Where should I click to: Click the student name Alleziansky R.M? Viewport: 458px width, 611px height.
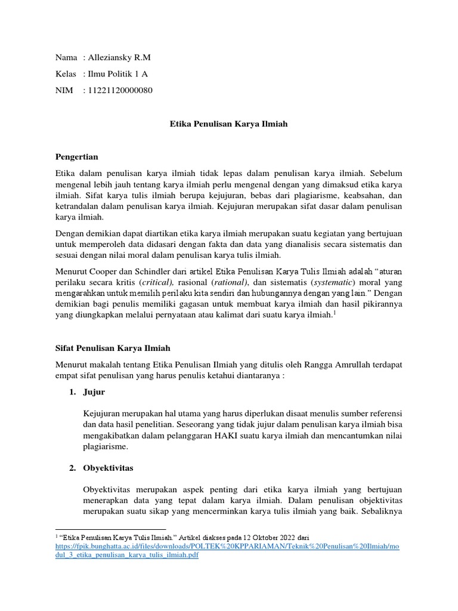point(120,57)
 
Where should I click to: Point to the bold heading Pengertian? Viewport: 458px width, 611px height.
point(76,157)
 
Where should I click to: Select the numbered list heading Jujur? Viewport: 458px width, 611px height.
point(95,392)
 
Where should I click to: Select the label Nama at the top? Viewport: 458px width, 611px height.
point(66,57)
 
